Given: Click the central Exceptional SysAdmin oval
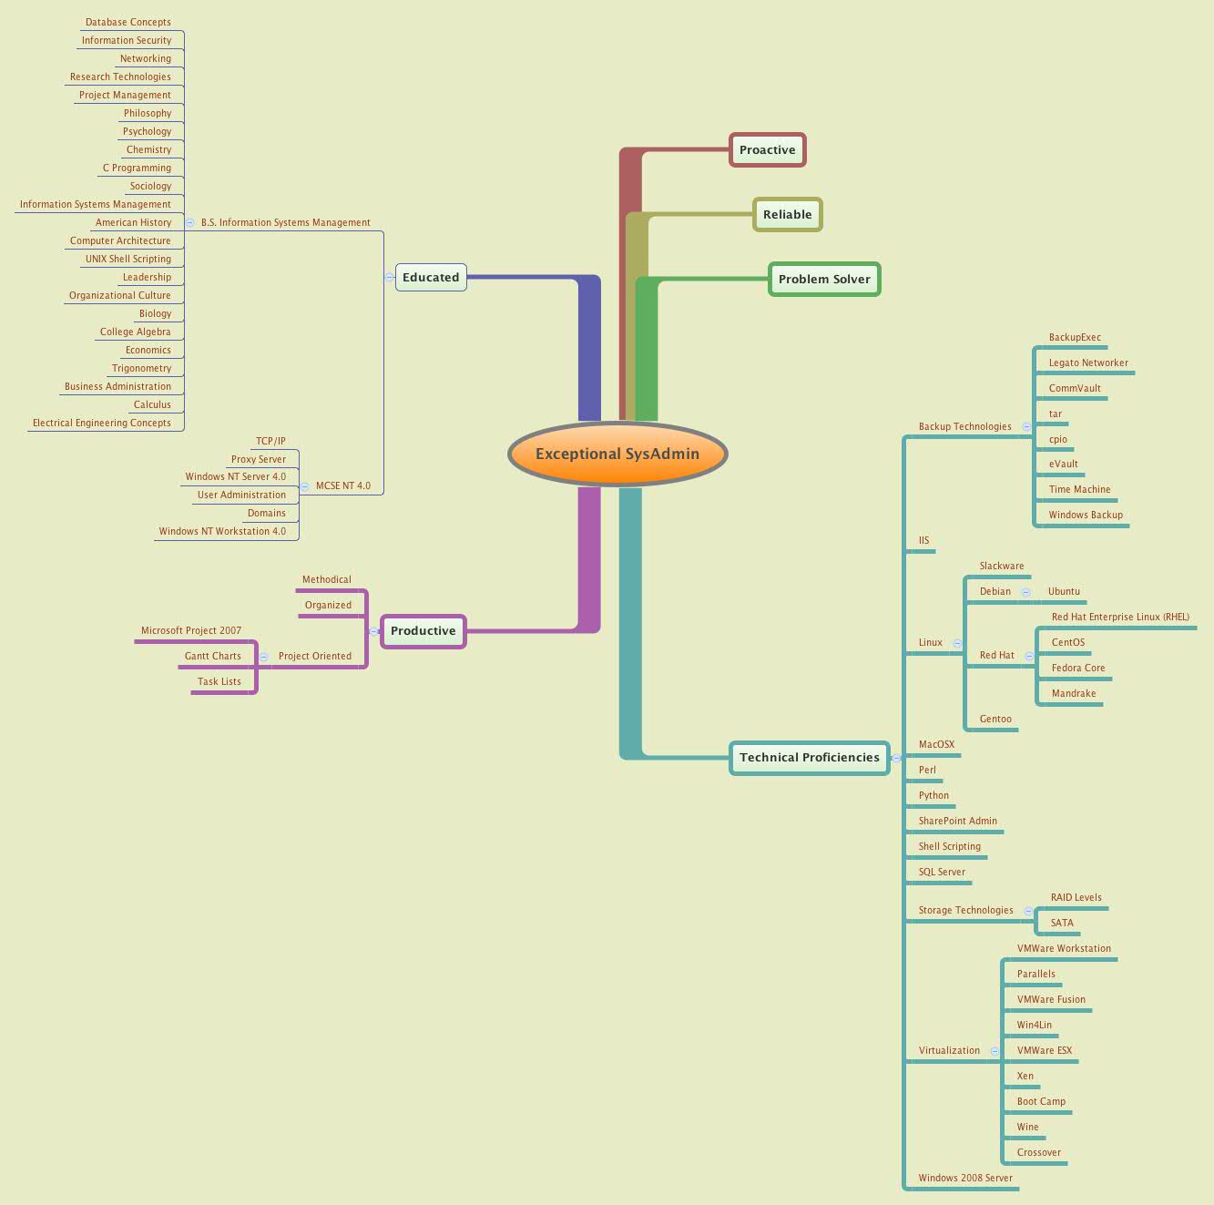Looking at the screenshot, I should click(x=617, y=454).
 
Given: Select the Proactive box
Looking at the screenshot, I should click(x=767, y=150).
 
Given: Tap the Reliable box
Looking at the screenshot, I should click(x=787, y=215).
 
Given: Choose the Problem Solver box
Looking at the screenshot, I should click(x=824, y=280).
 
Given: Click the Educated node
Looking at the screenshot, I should click(x=431, y=278).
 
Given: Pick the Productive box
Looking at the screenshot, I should click(x=423, y=631).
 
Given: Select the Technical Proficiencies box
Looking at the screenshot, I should click(x=809, y=758).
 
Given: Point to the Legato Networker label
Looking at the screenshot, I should click(x=1087, y=363).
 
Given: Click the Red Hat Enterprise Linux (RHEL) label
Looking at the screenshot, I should click(x=1119, y=617).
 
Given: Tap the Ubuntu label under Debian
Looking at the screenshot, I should click(x=1064, y=591).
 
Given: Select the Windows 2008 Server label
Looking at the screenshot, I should click(x=964, y=1178).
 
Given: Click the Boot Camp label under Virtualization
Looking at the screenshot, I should click(x=1040, y=1101).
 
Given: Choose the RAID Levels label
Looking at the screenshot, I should click(x=1076, y=897).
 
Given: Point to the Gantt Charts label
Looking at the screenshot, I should click(x=212, y=656).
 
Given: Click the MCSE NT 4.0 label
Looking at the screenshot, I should click(x=342, y=485).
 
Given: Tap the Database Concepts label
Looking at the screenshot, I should click(x=128, y=22).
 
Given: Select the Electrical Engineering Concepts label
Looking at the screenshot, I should click(x=101, y=423).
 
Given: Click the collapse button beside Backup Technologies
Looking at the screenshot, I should click(x=1026, y=426).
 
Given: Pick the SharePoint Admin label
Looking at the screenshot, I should click(x=957, y=821).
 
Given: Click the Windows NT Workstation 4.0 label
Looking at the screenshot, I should click(x=221, y=531).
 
